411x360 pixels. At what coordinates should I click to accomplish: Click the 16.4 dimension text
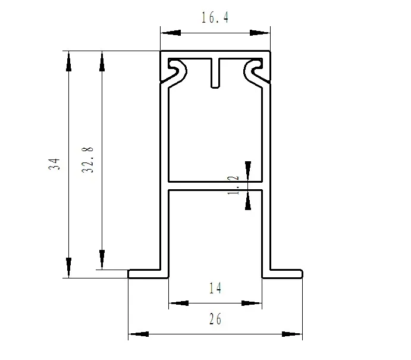point(215,17)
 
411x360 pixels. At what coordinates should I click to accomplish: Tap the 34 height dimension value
point(54,164)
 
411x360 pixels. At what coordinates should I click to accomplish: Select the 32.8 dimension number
point(87,159)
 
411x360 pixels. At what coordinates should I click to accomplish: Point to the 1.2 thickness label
point(233,185)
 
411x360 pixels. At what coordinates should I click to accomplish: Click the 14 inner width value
point(215,288)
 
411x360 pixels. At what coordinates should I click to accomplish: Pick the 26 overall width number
point(215,319)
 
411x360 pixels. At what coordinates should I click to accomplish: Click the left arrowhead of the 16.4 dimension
point(171,33)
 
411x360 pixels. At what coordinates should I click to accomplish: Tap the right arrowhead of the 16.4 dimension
point(260,33)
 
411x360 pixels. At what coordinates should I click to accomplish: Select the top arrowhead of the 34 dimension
point(68,61)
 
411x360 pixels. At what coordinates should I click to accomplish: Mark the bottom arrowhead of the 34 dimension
point(68,268)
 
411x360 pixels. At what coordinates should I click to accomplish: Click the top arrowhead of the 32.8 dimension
point(102,61)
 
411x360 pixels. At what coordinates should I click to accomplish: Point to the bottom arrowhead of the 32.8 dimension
point(102,259)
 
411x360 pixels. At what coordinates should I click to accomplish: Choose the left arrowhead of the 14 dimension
point(178,303)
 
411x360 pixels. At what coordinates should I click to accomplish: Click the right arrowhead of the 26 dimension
point(292,334)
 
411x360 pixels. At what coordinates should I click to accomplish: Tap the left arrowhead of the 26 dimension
point(139,334)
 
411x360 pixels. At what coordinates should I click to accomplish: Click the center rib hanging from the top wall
point(215,73)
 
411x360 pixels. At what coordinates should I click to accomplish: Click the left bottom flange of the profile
point(148,274)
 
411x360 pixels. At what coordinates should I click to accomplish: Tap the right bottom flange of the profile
point(283,274)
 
